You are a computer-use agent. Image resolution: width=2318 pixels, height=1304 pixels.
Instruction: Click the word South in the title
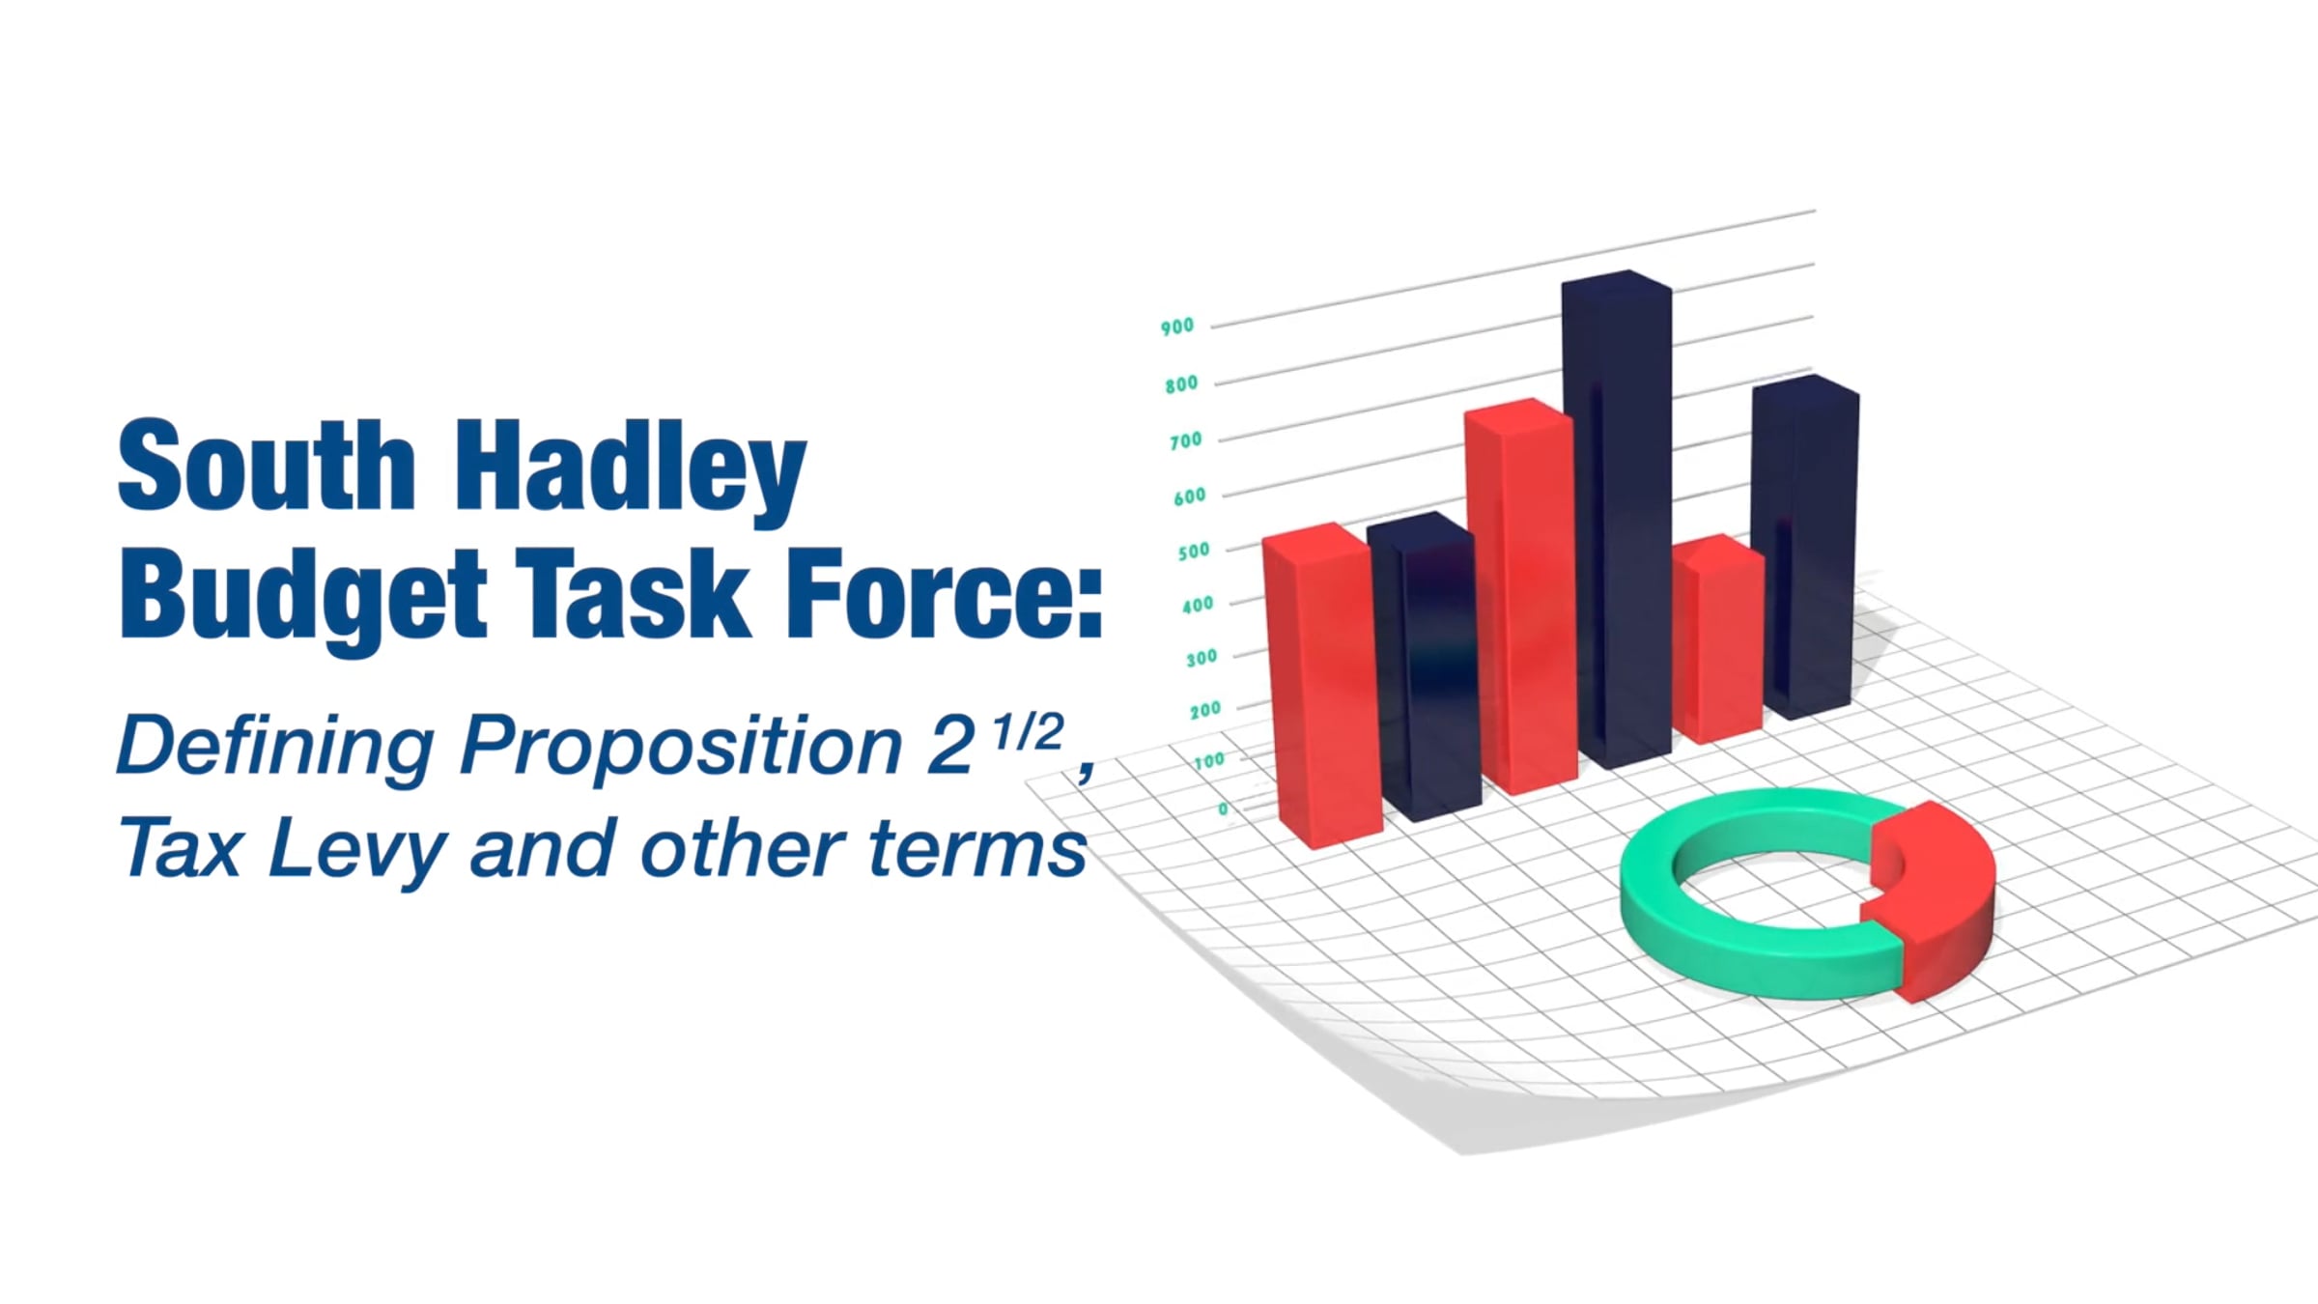click(267, 465)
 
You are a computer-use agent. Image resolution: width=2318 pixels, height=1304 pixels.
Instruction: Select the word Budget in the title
click(302, 598)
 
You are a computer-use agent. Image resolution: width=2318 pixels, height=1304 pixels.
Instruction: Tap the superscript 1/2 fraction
click(1028, 733)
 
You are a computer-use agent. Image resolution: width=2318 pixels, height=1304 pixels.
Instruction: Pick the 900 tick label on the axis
click(1177, 326)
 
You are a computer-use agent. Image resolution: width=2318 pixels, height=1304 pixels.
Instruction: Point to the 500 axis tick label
click(1193, 552)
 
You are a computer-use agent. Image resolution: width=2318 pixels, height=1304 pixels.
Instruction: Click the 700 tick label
click(1185, 440)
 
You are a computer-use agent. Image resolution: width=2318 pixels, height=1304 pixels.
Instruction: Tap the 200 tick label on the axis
click(1205, 710)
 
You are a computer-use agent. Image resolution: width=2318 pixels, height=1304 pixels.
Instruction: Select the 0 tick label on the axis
click(1223, 808)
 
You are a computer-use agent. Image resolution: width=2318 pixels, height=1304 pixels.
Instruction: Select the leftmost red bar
click(1321, 685)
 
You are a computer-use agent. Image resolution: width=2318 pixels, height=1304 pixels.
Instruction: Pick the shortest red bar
click(1719, 638)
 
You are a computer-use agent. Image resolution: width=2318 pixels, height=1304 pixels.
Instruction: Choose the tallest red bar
click(1520, 596)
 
